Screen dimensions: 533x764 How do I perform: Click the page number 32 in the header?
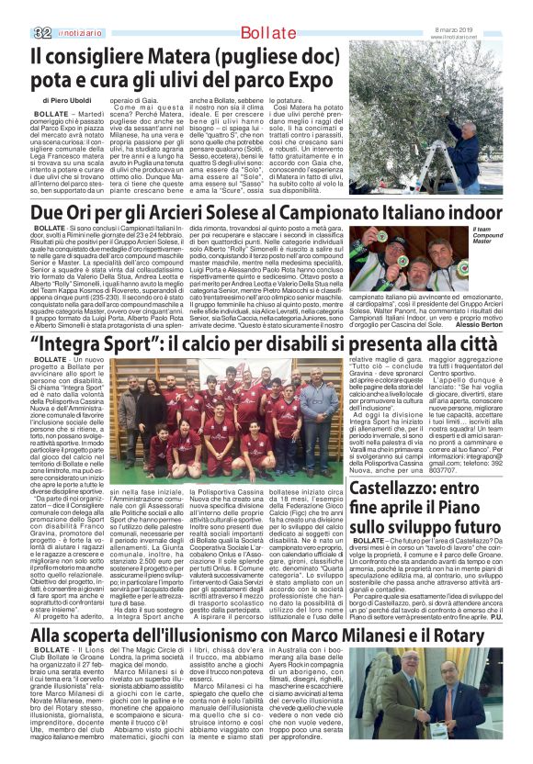click(42, 9)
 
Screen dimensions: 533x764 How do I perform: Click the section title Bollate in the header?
click(265, 10)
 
